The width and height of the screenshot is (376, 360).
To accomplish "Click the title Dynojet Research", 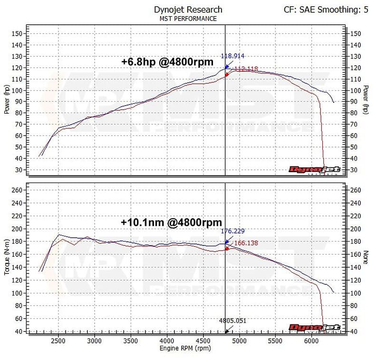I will click(188, 9).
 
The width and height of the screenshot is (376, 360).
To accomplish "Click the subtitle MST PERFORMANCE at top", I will click(188, 19).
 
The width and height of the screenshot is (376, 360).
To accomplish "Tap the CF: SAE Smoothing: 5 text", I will click(326, 9).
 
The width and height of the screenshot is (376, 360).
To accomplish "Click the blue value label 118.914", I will click(233, 56).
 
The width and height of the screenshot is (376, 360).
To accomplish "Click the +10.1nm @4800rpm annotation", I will click(171, 222).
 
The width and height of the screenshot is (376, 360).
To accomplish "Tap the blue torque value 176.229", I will click(233, 231).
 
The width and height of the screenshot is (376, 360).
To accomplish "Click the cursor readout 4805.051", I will click(233, 321).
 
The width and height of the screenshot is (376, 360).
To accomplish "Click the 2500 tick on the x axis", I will click(58, 341).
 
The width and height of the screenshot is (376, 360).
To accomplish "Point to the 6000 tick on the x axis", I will click(311, 341).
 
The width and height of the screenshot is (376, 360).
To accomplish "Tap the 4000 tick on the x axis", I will click(167, 341).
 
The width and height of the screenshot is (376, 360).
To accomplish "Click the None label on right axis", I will click(365, 258).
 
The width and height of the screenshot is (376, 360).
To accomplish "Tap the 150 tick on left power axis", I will click(18, 34).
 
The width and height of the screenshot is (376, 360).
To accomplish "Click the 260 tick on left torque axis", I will click(18, 190).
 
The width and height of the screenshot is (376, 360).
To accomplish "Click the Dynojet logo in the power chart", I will click(315, 169).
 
